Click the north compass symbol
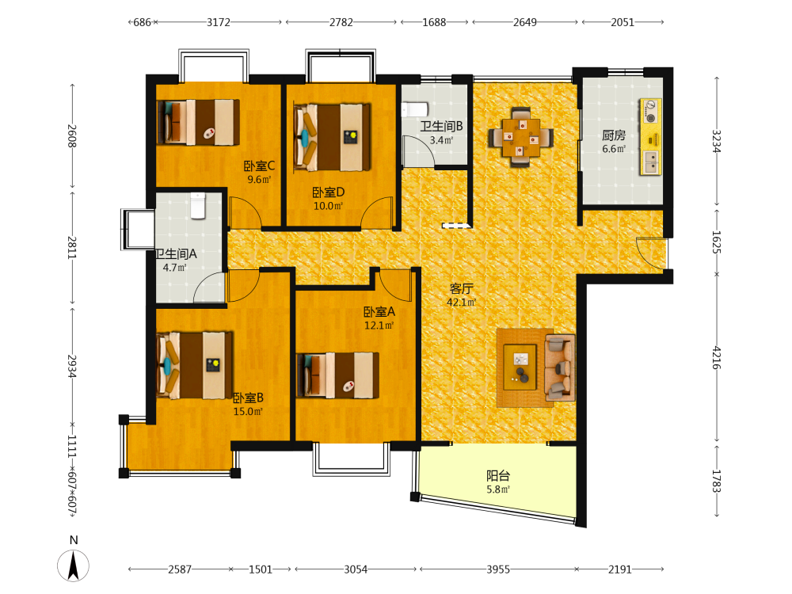coord(73,565)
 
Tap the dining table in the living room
coord(521,137)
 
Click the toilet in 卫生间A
coord(198,206)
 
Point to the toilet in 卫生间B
coord(415,109)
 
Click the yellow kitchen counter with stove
coord(650,137)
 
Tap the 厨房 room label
coord(614,135)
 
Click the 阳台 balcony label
coord(498,475)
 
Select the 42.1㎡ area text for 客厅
coord(461,302)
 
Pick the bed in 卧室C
coord(198,122)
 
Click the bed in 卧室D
coord(333,137)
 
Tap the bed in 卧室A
coord(338,375)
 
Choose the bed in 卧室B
coord(195,365)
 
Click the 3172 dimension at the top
coord(219,22)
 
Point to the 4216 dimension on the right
coord(717,358)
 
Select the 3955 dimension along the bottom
coord(498,569)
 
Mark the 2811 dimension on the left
coord(72,247)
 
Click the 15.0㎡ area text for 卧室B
coord(248,411)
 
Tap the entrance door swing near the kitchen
coord(651,253)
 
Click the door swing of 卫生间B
coord(418,151)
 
